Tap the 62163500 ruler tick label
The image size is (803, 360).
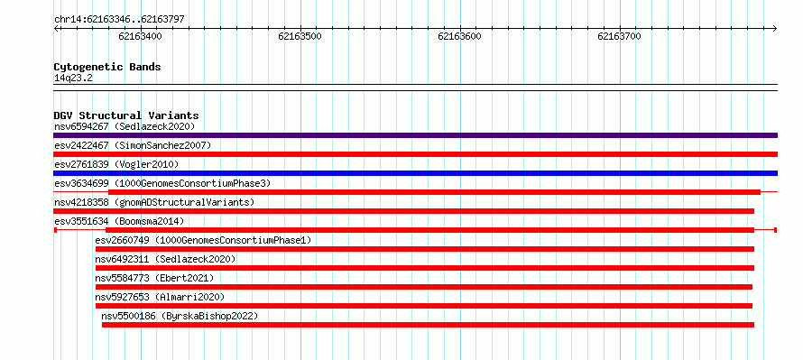click(300, 36)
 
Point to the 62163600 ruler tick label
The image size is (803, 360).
click(459, 36)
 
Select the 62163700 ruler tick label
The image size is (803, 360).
click(619, 36)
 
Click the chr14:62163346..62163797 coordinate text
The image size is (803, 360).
click(119, 20)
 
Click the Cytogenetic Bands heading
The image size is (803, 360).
click(107, 67)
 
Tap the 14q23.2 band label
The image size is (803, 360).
click(73, 78)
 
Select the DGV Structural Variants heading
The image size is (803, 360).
click(126, 115)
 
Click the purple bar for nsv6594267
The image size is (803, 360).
click(415, 135)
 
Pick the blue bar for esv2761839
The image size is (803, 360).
click(415, 173)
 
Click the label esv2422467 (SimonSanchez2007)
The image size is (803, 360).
click(133, 145)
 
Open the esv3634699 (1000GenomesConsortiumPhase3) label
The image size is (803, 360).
click(162, 183)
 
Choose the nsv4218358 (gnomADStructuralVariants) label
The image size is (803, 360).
click(154, 202)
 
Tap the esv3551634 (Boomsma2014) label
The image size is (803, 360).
click(119, 221)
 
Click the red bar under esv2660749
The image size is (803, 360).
click(425, 249)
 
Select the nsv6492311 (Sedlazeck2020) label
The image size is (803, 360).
click(165, 259)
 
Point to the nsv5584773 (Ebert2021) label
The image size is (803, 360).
click(154, 278)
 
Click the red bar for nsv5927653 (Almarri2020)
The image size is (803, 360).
click(423, 306)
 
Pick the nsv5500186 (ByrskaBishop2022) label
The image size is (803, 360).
click(180, 316)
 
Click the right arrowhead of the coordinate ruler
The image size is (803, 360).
click(775, 28)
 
